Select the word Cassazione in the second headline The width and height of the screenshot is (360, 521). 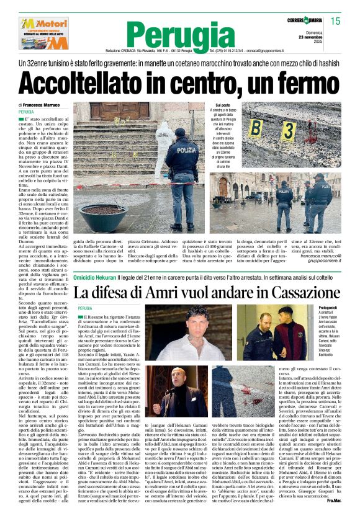click(292, 292)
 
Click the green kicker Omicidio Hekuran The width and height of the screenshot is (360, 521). click(99, 277)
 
